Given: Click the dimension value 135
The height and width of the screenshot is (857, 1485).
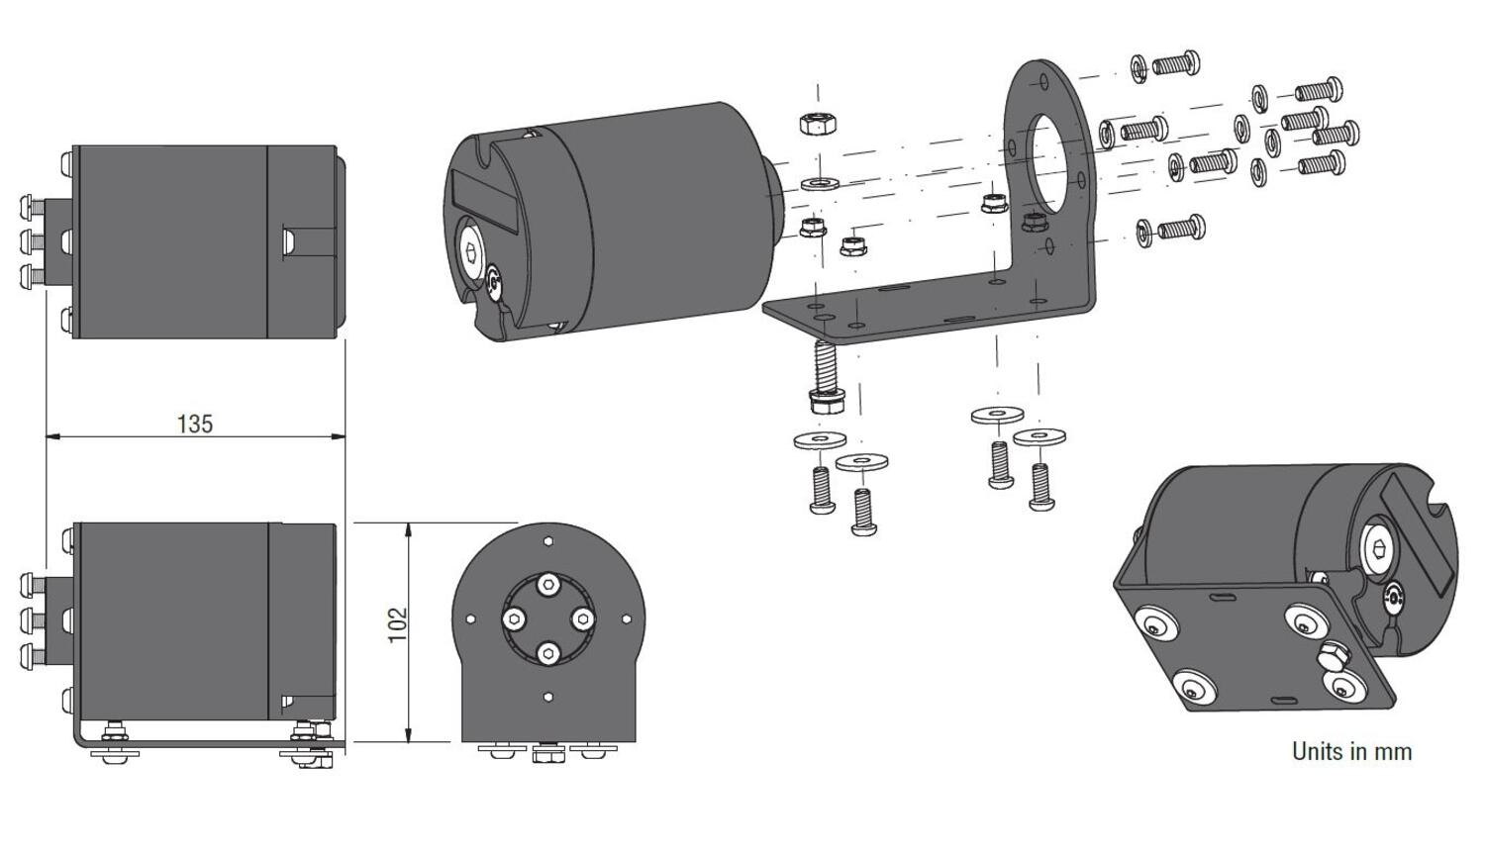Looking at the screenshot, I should [195, 424].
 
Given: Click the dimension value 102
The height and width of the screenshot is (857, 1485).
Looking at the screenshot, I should [398, 624].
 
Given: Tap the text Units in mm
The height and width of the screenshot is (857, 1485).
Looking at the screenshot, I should [1351, 751].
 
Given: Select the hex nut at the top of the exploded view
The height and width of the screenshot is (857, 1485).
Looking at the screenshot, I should [819, 124].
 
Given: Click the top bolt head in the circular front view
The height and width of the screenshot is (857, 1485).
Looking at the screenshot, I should [548, 586].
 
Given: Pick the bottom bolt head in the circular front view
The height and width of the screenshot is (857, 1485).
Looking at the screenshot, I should [548, 653].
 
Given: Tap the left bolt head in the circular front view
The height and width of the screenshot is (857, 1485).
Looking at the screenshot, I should [515, 619].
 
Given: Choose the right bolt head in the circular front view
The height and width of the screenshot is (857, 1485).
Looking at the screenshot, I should [582, 619].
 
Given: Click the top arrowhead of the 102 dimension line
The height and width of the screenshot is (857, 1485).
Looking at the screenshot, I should [409, 529].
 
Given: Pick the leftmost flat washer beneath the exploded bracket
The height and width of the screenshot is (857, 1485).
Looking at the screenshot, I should [820, 439].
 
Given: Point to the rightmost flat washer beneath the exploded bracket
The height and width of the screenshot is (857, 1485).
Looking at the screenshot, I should [1039, 434].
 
